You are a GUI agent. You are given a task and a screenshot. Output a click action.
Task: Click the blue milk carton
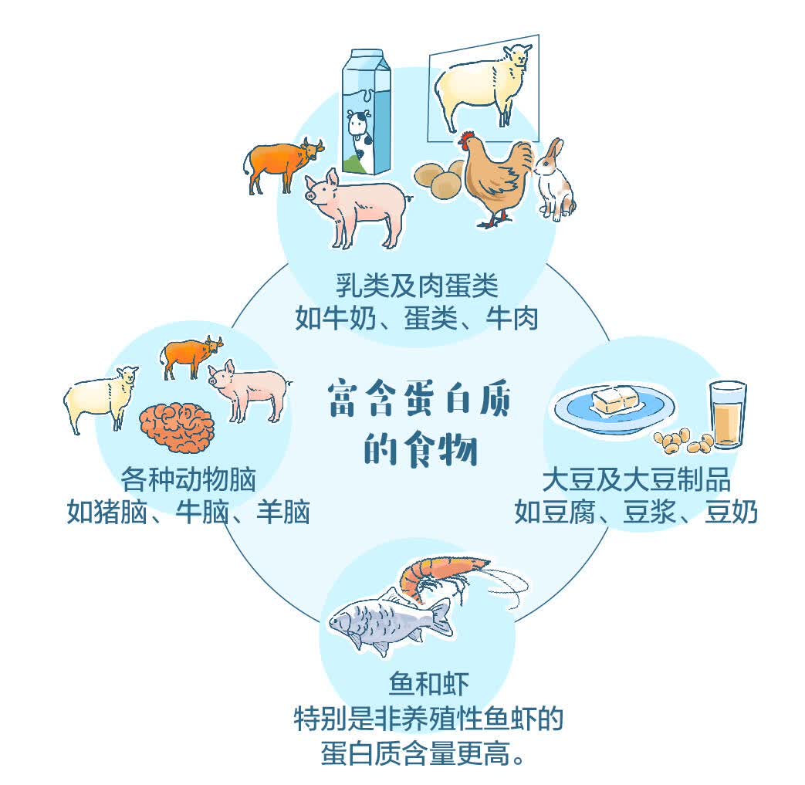pos(367,112)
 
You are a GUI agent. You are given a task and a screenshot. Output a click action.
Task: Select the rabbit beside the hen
pos(553,180)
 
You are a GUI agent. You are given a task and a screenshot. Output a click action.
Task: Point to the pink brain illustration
pos(177,428)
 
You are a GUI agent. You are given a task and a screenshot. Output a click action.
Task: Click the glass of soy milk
pos(728,414)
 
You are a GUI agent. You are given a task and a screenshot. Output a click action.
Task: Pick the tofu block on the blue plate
pos(617,400)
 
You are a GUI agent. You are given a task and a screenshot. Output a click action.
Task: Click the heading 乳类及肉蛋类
pos(417,286)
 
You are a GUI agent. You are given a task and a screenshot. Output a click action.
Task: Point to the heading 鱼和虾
pos(428,684)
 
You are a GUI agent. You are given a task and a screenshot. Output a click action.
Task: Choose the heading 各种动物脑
pos(188,479)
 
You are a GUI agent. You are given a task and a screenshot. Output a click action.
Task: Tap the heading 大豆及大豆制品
pos(637,480)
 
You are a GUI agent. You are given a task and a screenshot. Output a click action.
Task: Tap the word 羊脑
pos(283,512)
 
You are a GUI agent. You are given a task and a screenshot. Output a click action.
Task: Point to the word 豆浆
pos(649,512)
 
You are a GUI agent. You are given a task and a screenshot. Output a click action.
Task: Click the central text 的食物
pos(421,450)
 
